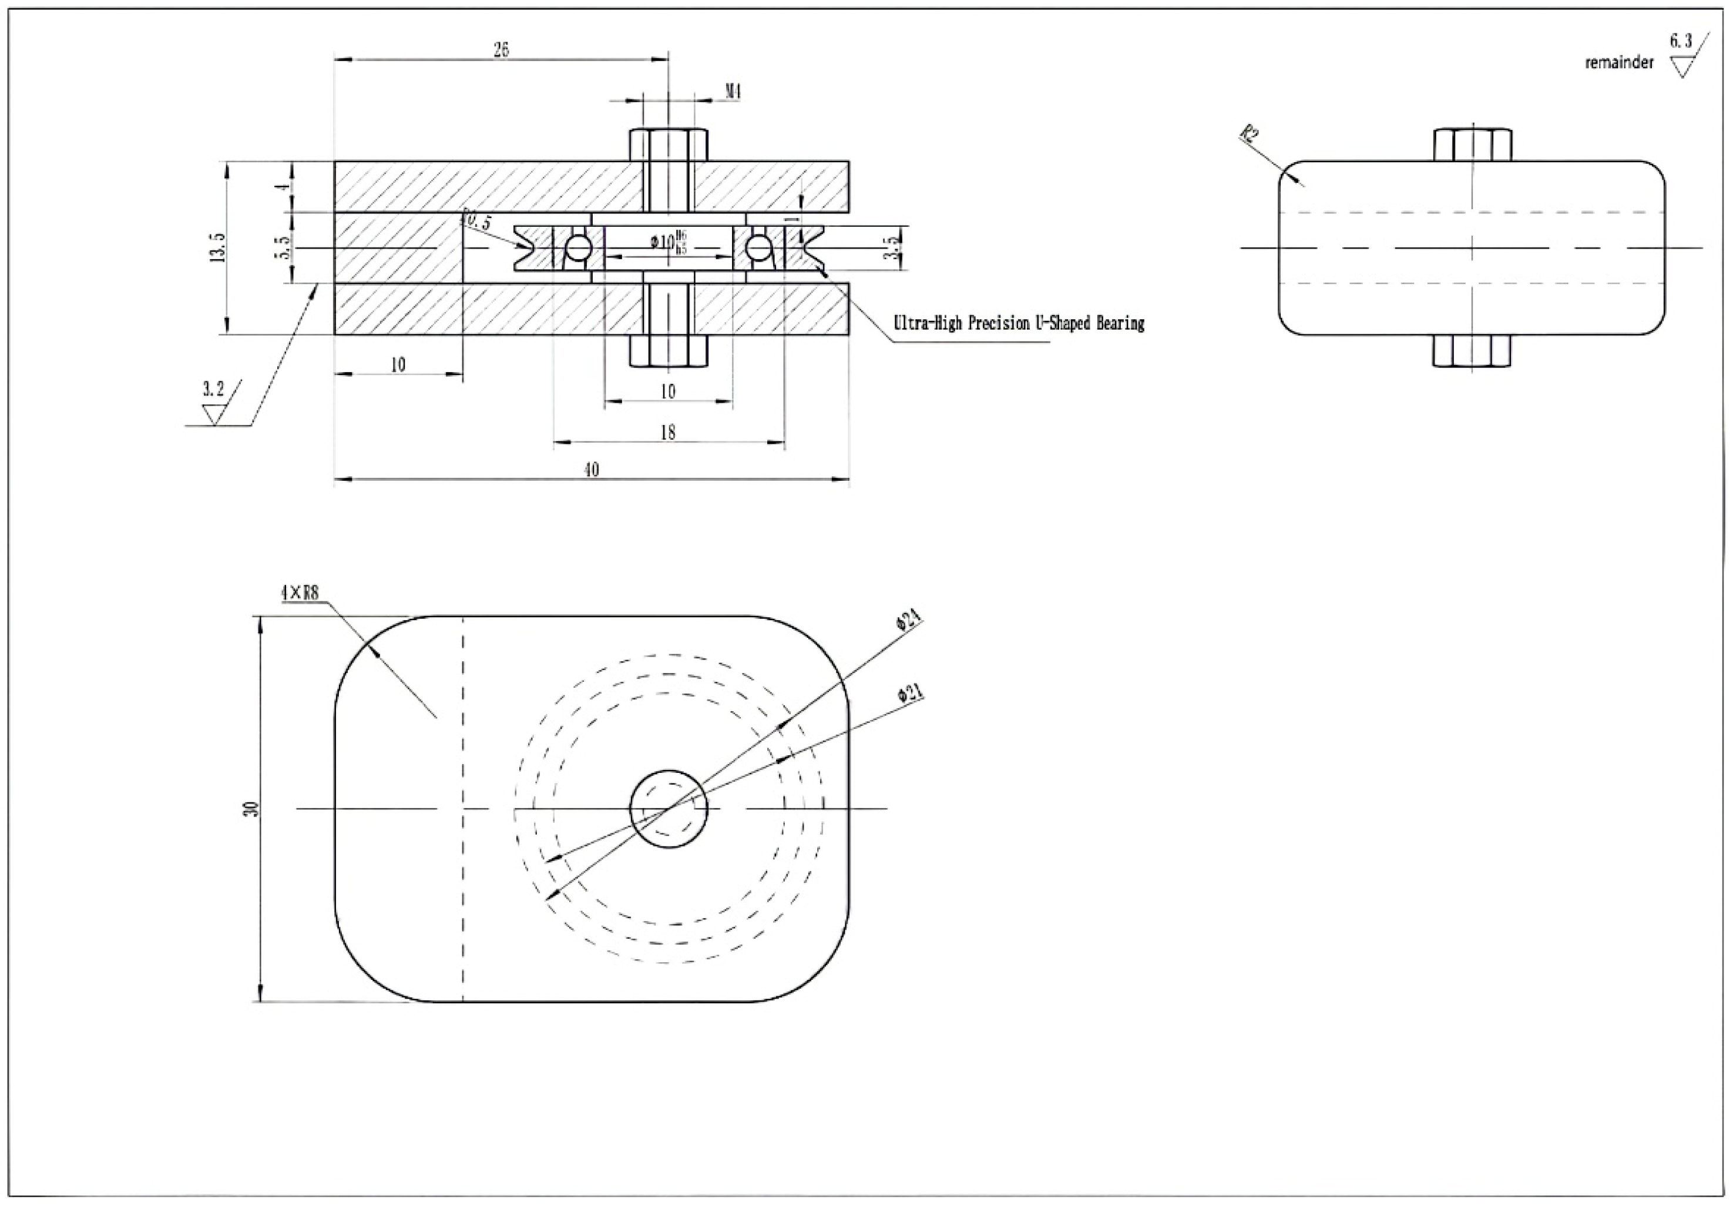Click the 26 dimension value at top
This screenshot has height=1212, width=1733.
(x=501, y=50)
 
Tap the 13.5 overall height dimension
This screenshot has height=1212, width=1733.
(x=218, y=247)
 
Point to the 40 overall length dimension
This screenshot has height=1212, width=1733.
(x=592, y=470)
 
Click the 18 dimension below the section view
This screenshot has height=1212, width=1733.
(x=667, y=433)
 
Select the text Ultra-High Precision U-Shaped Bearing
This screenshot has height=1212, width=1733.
(x=1018, y=323)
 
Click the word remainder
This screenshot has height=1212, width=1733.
(x=1618, y=63)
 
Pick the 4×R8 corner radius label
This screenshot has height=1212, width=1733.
(x=300, y=593)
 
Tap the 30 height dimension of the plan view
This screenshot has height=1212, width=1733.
(x=254, y=809)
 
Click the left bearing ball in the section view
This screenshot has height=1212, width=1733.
(x=578, y=246)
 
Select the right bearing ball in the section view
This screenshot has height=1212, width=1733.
(x=758, y=246)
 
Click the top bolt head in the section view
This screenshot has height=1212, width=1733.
(x=669, y=145)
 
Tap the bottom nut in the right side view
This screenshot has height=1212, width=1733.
(x=1472, y=350)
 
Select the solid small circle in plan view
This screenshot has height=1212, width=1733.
(x=669, y=809)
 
